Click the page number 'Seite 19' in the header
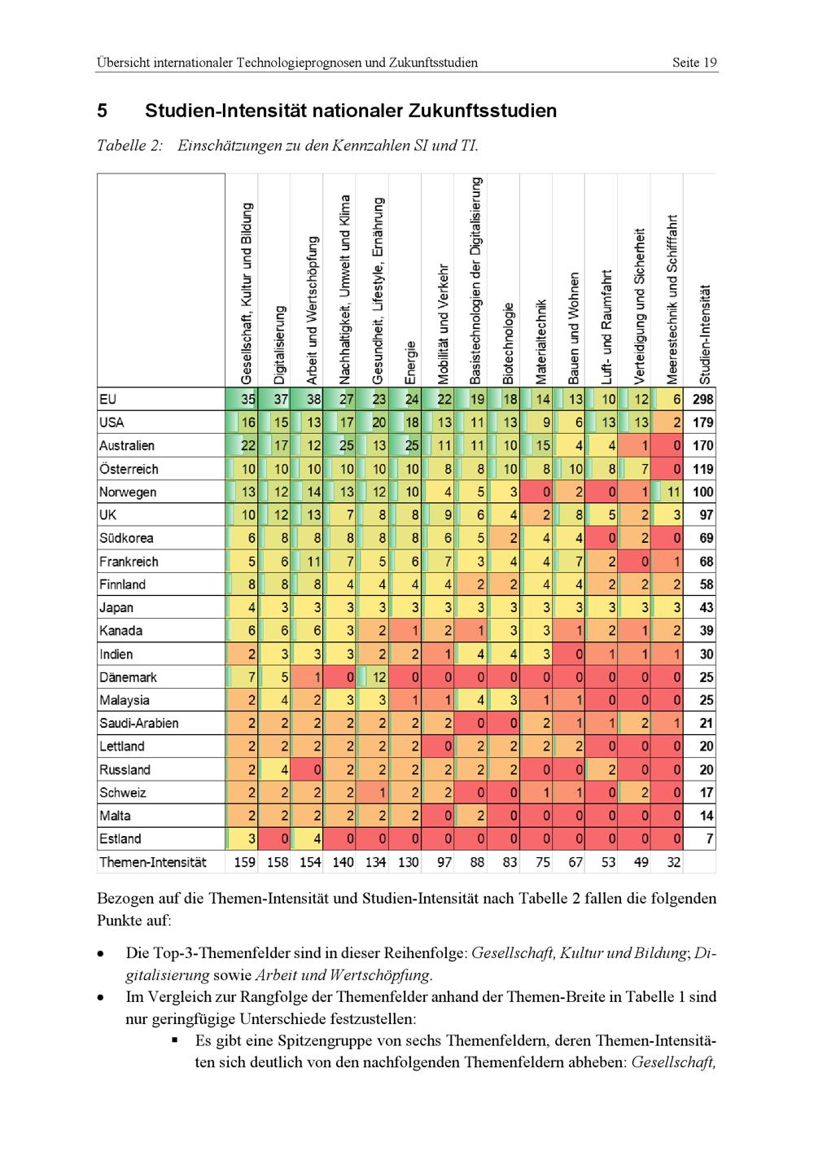coord(694,63)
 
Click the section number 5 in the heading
coord(102,111)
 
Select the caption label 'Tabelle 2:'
coord(129,147)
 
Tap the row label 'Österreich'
coord(129,469)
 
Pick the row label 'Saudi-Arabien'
coord(138,723)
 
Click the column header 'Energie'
coord(411,363)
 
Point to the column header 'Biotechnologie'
coord(509,343)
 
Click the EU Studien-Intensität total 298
coord(702,400)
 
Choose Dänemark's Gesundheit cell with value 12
coord(378,677)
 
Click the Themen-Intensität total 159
coord(244,862)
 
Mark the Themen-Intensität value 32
coord(672,862)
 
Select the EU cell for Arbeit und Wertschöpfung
coord(313,400)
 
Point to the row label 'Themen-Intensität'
coord(152,862)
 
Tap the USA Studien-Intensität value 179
coord(702,422)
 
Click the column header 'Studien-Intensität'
coord(705,335)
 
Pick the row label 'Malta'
coord(115,816)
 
